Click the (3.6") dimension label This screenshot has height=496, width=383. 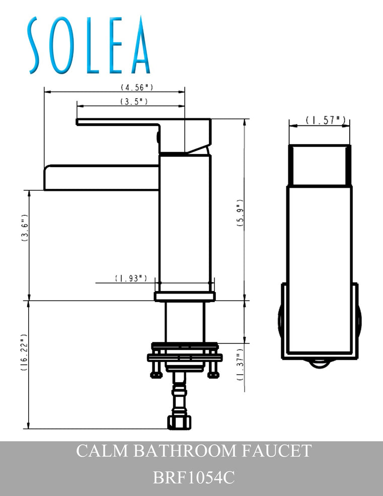point(24,230)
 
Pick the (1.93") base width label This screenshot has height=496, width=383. point(131,278)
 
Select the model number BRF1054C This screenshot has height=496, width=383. point(194,476)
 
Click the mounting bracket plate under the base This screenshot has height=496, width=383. point(184,358)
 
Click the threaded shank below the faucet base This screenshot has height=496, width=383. point(185,322)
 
